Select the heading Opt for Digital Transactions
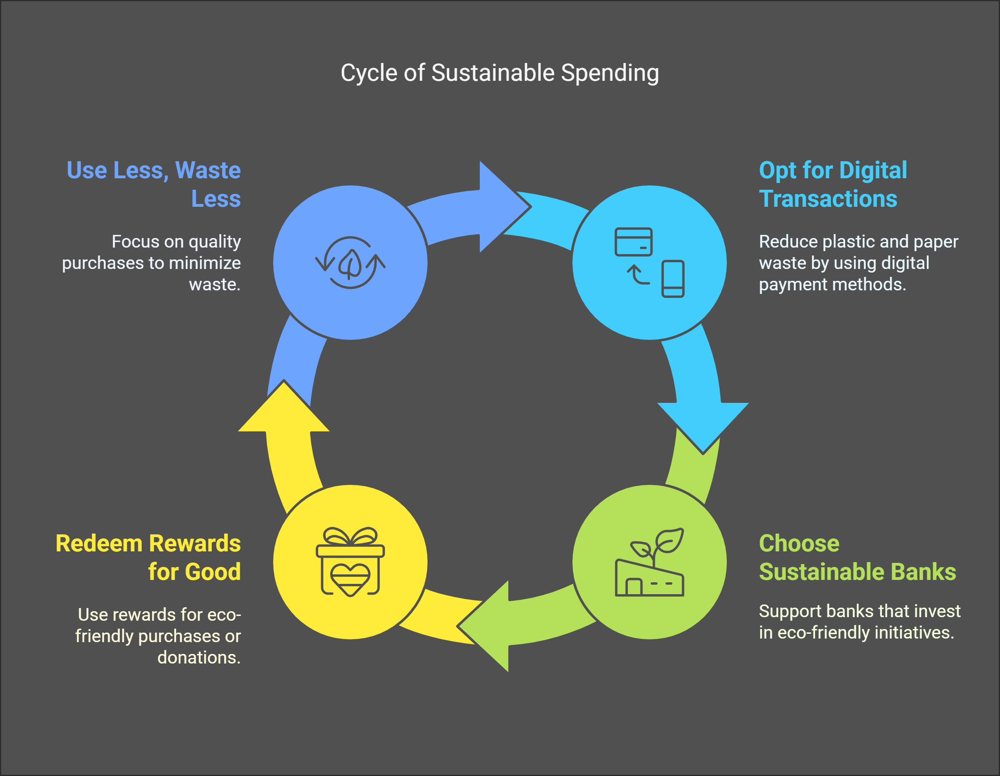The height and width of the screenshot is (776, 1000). coord(832,184)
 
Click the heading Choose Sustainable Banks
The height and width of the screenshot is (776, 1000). coord(857,557)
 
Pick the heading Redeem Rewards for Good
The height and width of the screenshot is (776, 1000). coord(148,557)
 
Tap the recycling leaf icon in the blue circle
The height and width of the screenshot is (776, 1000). coord(350,263)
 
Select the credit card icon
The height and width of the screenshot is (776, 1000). coord(633,241)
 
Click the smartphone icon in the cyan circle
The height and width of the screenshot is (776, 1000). coord(673,278)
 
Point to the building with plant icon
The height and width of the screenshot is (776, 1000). coord(649,573)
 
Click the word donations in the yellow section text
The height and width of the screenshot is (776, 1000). coord(198,657)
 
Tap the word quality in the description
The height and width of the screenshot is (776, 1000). coord(215,241)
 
